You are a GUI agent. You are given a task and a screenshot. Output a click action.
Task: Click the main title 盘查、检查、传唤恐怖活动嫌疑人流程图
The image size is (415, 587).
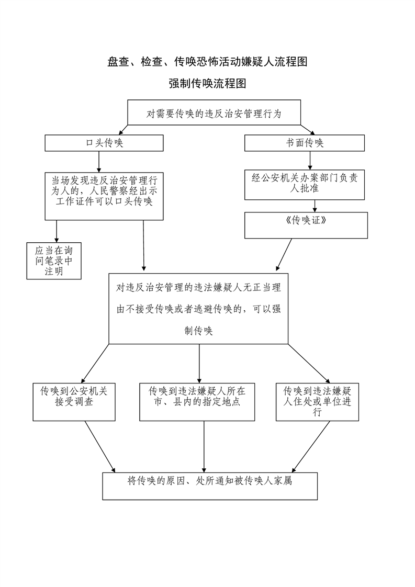coord(207,62)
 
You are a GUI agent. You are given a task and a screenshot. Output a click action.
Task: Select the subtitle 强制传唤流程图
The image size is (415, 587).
coord(207,84)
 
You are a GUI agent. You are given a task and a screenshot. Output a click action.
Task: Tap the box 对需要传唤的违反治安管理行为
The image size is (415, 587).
coord(214,112)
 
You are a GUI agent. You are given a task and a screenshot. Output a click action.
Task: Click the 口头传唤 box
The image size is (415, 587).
coord(104,143)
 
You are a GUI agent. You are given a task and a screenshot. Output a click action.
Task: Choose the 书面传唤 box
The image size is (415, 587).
coord(305,143)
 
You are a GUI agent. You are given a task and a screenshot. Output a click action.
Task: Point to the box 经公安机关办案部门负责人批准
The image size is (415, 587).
coord(305,184)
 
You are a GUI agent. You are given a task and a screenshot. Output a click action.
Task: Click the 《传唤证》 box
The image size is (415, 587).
coord(306,225)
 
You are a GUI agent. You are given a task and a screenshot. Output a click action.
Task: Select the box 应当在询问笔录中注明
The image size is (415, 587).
coord(54,260)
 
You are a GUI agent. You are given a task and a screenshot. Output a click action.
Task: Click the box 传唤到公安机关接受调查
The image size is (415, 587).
coord(74,401)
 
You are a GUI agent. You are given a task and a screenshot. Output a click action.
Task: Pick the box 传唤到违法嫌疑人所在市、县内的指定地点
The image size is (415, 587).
coord(197,401)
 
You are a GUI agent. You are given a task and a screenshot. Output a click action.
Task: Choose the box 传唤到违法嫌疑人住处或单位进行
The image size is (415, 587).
coord(317,401)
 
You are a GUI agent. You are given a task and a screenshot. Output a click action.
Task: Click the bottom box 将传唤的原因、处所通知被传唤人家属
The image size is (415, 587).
coord(210,486)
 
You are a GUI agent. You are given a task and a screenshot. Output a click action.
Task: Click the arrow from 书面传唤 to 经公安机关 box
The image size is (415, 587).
coord(310,161)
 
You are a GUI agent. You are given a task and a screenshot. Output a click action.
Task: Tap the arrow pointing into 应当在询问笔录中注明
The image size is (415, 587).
coord(57,231)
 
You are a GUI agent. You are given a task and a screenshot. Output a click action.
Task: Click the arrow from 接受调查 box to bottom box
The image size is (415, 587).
coord(100,446)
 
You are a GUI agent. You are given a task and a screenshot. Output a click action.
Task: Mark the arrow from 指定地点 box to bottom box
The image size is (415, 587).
coord(204,446)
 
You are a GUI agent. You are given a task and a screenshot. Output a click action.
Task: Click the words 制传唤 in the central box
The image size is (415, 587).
coord(198,331)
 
